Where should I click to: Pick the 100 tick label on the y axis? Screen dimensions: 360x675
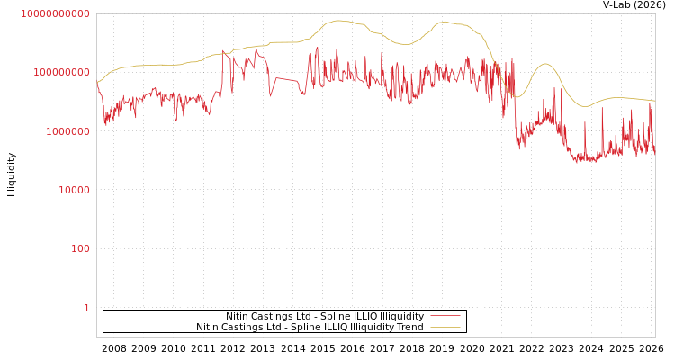click(80, 248)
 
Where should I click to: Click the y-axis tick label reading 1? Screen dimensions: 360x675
click(86, 308)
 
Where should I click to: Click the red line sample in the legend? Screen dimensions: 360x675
click(445, 316)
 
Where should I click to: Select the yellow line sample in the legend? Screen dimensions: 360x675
click(445, 327)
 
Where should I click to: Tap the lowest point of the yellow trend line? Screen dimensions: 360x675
click(517, 97)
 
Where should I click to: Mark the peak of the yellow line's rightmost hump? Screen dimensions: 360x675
click(544, 64)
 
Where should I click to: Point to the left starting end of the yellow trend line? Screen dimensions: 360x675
click(97, 83)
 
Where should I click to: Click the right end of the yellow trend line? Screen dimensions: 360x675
click(654, 101)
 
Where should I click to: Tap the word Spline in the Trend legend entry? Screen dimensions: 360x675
click(306, 327)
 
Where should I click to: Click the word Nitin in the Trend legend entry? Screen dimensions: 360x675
click(209, 327)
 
